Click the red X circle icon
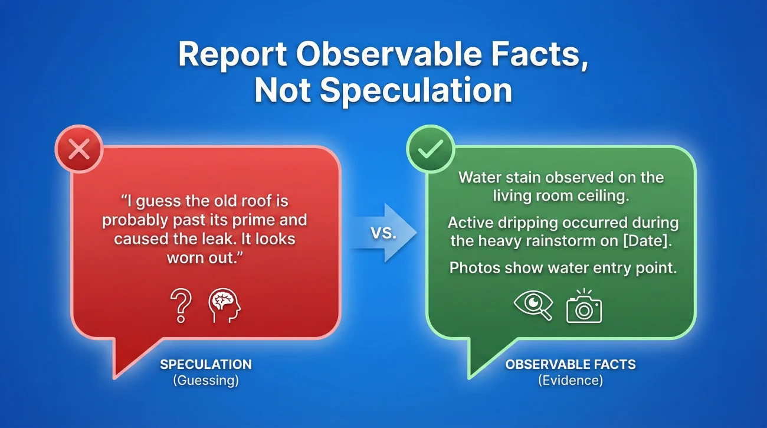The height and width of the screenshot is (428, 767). [x=79, y=150]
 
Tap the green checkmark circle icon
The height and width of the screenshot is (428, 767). [x=431, y=150]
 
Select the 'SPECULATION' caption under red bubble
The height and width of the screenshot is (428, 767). [x=206, y=364]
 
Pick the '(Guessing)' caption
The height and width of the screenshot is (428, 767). [x=206, y=381]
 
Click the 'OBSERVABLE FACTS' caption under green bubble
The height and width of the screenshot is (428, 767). [x=571, y=364]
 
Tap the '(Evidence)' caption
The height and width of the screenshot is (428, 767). [x=571, y=381]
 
